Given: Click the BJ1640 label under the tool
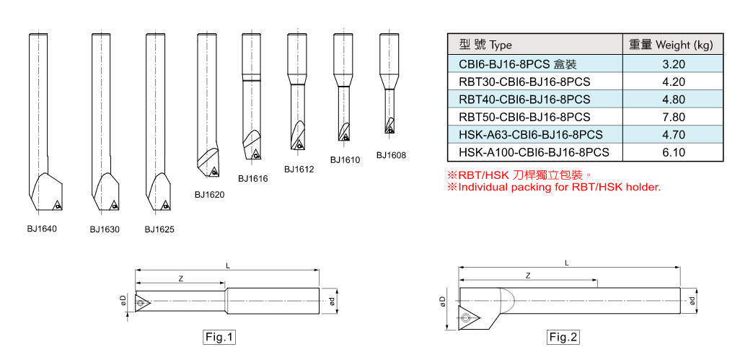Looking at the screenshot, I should tap(42, 229).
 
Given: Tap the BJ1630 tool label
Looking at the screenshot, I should tap(105, 229).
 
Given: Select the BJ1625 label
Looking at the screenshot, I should tap(159, 229).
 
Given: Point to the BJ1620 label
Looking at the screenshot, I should tap(209, 194).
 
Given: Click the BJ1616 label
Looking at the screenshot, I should tap(253, 178).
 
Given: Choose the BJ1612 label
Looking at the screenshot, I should tap(299, 170).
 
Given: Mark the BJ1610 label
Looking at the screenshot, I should tap(345, 160).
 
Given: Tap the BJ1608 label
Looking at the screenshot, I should tap(392, 155).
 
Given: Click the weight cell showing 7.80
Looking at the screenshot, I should tap(673, 117).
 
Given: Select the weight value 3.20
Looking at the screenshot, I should tap(673, 64).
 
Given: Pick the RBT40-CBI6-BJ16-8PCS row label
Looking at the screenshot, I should tap(524, 100).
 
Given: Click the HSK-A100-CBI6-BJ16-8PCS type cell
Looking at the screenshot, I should tap(534, 152).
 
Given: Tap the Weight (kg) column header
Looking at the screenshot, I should tap(671, 45).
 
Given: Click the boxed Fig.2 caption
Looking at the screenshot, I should tap(563, 337).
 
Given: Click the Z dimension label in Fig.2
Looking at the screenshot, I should tap(529, 276).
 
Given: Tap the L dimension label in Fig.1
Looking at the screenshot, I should tap(228, 265).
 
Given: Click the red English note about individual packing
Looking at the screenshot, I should tap(554, 187).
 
